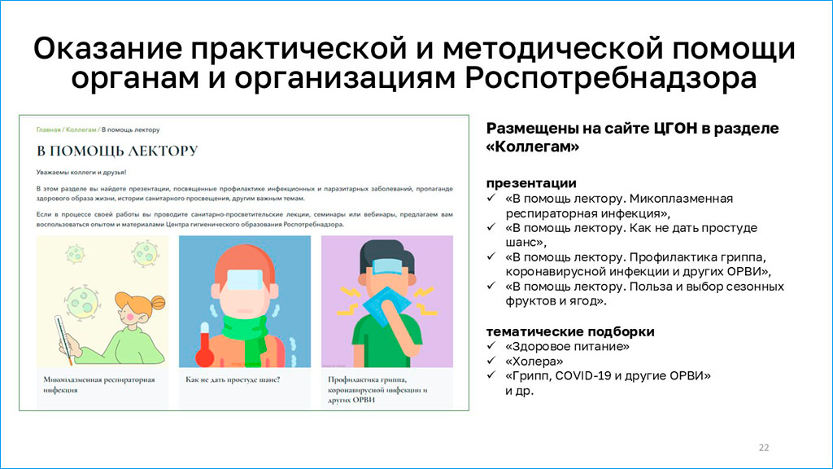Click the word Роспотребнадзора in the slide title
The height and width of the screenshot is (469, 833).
[611, 78]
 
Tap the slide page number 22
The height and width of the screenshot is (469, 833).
[764, 448]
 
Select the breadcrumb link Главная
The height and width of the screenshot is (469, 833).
[48, 129]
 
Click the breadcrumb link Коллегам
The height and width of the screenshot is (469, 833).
[81, 129]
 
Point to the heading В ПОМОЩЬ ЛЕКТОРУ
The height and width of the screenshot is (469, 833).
[117, 151]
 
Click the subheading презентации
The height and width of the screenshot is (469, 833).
[531, 183]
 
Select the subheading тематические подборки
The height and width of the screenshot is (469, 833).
[570, 331]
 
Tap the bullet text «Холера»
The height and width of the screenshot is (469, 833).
[534, 362]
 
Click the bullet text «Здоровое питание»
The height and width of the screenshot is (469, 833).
[567, 347]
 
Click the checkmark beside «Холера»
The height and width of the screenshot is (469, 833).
[491, 361]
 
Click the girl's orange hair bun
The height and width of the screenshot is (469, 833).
[158, 303]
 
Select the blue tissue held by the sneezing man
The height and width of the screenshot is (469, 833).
[386, 306]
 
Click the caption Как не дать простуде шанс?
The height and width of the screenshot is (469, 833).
[233, 379]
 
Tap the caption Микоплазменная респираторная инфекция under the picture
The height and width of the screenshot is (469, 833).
[98, 384]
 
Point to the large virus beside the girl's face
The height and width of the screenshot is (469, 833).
[83, 301]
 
